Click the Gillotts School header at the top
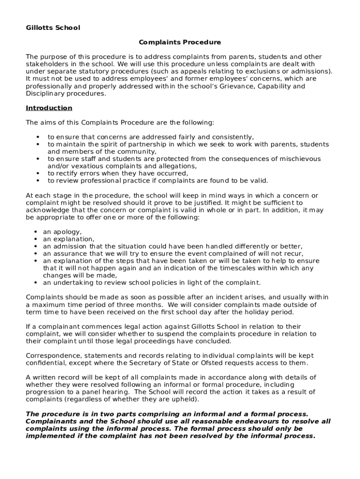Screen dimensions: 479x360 coord(53,28)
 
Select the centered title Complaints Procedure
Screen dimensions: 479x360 coord(180,42)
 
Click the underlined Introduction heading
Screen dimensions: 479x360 coord(49,108)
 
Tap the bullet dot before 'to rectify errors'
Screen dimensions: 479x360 coord(37,173)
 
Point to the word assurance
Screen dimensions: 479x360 coord(70,254)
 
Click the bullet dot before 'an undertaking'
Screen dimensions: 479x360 coord(37,283)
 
